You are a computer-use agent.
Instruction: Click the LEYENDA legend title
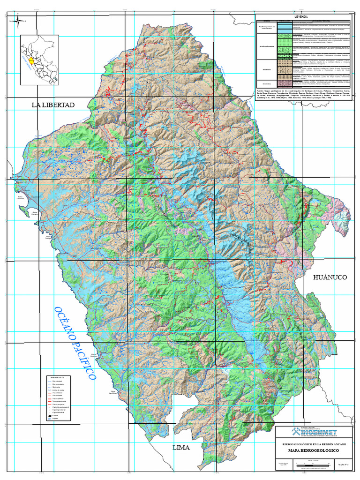pos(301,16)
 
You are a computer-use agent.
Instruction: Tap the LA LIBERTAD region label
pos(53,105)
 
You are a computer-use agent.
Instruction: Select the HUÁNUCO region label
pos(330,277)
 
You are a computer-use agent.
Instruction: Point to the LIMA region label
pos(181,448)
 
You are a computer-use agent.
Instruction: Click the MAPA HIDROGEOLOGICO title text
pos(310,450)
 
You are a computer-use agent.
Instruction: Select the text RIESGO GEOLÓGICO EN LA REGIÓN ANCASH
pos(310,443)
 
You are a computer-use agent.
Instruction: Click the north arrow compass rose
pos(17,21)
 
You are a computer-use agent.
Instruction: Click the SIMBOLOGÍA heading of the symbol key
pos(57,377)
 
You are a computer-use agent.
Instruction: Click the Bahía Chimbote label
pos(20,198)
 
